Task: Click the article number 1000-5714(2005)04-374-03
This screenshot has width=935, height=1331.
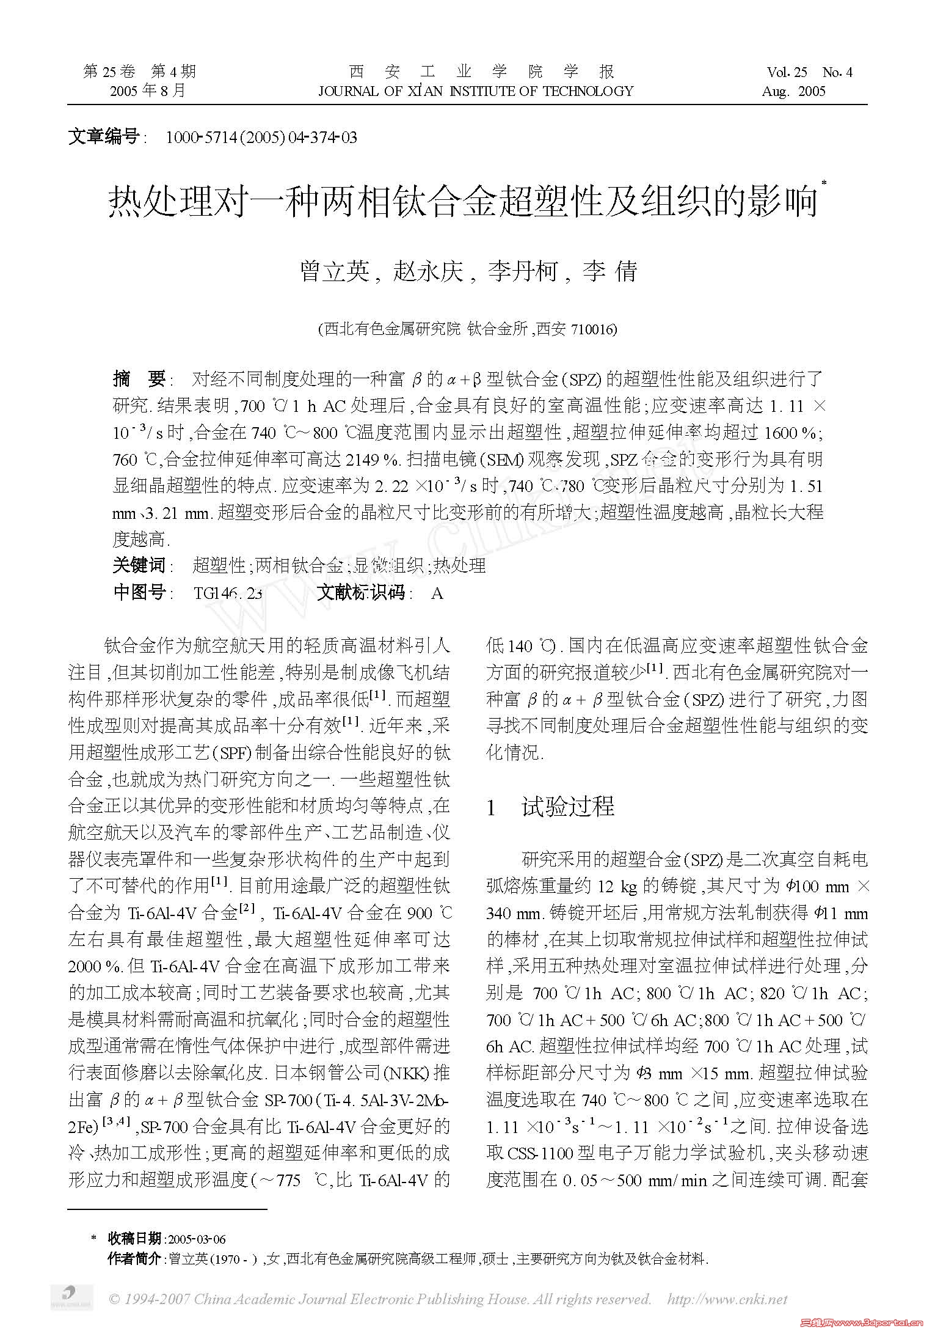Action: coord(261,137)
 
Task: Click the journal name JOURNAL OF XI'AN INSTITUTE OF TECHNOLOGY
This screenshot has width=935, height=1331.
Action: coord(476,92)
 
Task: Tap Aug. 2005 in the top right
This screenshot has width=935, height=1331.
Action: coord(793,92)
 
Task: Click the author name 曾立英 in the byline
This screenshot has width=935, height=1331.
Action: coord(335,271)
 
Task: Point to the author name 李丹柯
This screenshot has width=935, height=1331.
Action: coord(522,271)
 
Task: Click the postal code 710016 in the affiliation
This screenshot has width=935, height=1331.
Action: coord(594,330)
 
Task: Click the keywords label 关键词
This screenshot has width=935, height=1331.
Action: coord(139,565)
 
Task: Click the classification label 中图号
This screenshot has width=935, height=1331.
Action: coord(139,592)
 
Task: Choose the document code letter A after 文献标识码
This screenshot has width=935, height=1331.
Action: coord(437,593)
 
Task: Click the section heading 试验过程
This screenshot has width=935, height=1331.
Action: coord(568,807)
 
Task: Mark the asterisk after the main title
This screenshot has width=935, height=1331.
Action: coord(824,183)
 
